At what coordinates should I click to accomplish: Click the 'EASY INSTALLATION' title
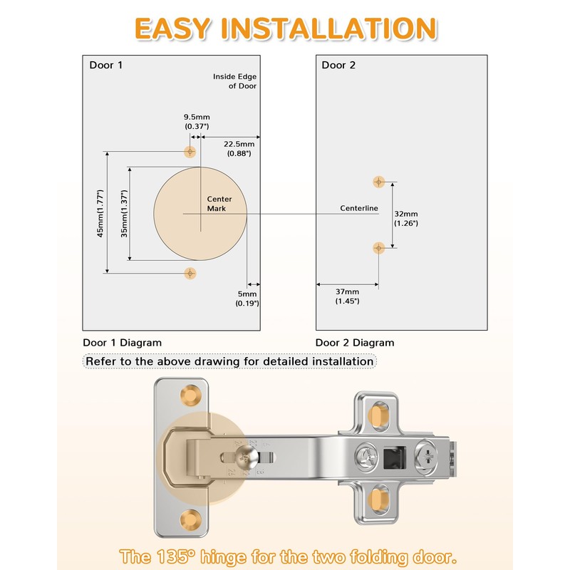pos(286,28)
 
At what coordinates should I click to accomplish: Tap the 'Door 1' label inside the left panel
pos(105,65)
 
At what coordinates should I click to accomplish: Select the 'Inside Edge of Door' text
pos(235,81)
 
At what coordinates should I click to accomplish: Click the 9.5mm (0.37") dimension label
pos(197,121)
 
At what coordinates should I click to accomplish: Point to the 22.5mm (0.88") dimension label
pos(239,148)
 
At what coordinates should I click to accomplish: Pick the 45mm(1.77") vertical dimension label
pos(100,213)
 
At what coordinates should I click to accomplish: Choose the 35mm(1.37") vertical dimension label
pos(124,213)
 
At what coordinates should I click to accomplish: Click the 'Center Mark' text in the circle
pos(219,204)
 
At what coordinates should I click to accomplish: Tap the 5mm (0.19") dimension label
pos(247,299)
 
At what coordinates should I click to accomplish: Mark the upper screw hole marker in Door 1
pos(190,151)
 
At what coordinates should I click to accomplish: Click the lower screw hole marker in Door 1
pos(190,273)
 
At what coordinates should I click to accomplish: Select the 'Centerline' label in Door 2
pos(359,208)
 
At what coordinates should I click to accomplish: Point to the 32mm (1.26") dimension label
pos(406,219)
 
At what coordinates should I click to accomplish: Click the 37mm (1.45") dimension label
pos(347,296)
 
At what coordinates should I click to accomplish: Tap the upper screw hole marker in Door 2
pos(379,182)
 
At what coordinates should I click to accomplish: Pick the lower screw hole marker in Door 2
pos(379,248)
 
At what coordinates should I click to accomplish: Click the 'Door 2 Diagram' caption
pos(355,343)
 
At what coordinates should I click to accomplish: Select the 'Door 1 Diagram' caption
pos(122,343)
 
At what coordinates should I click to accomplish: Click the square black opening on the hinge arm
pos(395,457)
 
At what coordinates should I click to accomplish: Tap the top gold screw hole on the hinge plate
pos(191,395)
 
